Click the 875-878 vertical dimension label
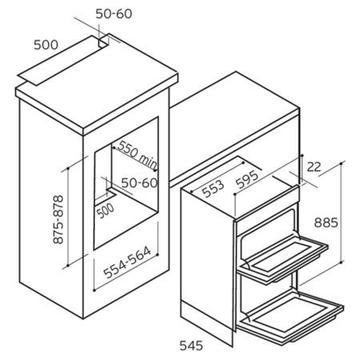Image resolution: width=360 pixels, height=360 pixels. click(58, 219)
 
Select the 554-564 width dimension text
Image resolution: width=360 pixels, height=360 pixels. click(127, 262)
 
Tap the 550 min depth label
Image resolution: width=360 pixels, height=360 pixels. click(138, 155)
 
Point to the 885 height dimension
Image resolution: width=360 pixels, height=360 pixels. click(326, 222)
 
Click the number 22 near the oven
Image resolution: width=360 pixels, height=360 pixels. click(314, 167)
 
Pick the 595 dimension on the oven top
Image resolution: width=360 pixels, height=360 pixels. click(247, 179)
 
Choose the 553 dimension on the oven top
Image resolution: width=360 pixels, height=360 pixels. click(213, 188)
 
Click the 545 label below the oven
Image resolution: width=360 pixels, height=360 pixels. click(191, 346)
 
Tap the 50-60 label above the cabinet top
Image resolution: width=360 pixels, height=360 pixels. click(114, 14)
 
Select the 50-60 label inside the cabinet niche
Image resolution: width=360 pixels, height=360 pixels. click(139, 183)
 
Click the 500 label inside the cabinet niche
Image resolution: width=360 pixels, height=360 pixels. click(105, 210)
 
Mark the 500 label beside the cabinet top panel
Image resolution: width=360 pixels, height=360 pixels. click(46, 45)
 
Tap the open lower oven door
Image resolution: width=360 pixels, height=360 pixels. click(290, 318)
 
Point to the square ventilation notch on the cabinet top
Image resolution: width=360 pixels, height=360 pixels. click(103, 42)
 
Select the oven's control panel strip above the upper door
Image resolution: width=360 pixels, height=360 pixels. click(266, 203)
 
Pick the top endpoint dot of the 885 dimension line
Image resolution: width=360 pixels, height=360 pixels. click(342, 162)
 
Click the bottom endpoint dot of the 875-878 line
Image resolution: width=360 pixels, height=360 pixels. click(68, 266)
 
